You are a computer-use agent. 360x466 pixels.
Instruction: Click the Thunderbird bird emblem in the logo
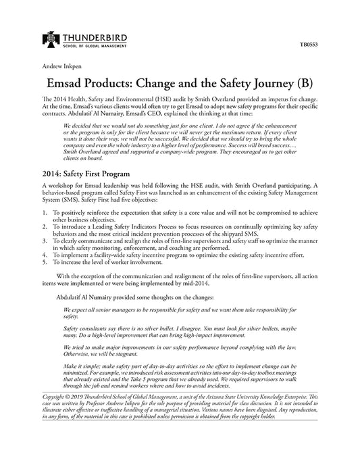51,39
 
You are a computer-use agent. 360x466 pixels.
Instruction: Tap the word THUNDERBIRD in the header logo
94,36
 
